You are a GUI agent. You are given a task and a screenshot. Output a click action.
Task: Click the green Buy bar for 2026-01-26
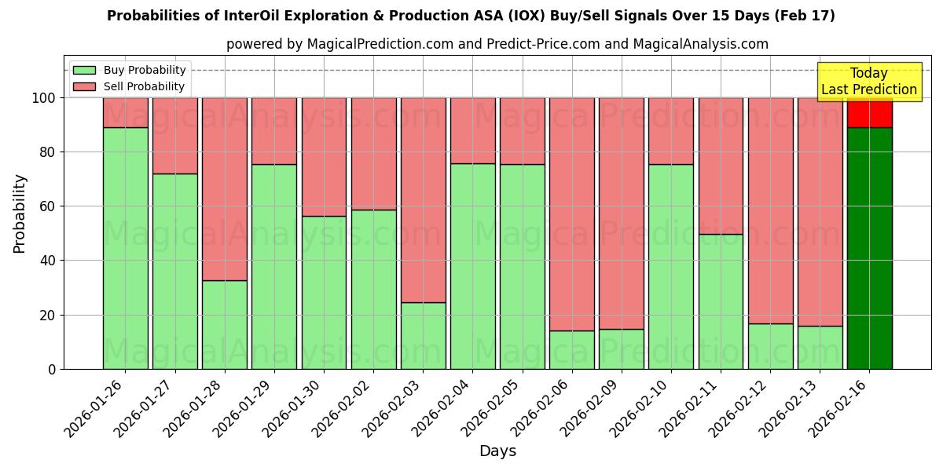125,248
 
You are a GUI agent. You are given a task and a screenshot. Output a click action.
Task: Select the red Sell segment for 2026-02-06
571,214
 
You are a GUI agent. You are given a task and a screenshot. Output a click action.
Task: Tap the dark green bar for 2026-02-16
869,248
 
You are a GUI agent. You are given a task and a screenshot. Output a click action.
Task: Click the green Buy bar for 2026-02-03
423,335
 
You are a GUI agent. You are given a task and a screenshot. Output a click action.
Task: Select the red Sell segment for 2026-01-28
224,188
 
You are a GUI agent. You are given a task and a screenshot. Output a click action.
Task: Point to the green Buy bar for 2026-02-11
721,301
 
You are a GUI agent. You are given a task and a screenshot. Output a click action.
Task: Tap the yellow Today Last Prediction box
868,82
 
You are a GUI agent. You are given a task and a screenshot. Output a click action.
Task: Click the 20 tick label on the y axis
48,315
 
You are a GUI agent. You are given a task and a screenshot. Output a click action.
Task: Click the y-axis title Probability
20,214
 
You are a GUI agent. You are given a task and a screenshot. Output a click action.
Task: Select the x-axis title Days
497,451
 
